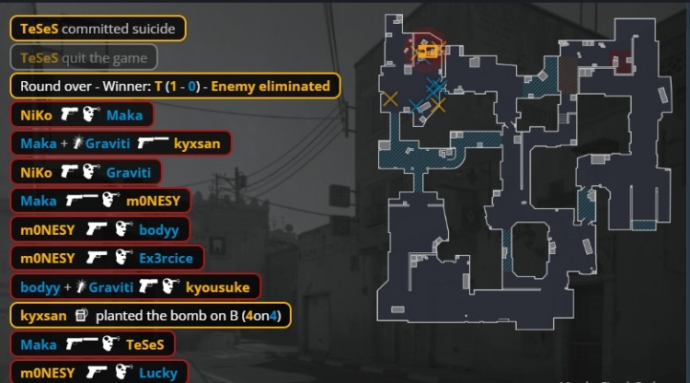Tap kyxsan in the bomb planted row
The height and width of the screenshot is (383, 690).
(x=43, y=315)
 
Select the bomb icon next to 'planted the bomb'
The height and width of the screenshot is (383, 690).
(x=81, y=315)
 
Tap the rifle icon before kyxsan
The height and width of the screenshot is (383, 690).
(x=153, y=144)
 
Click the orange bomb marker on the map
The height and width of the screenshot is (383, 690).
(x=425, y=53)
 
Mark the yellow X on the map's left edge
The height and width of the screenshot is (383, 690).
(x=390, y=98)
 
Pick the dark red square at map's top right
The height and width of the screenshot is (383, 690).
(x=623, y=63)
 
